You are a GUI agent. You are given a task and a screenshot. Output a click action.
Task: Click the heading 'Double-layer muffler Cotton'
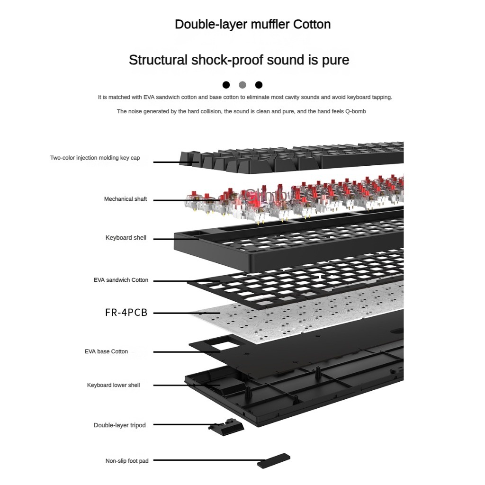click(x=252, y=24)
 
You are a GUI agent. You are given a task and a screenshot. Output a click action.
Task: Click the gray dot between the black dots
click(x=242, y=85)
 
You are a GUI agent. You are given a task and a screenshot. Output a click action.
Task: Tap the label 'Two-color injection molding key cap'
click(x=95, y=158)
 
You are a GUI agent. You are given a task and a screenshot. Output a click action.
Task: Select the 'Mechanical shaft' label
click(x=126, y=199)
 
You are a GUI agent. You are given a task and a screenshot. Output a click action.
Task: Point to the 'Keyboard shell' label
click(x=126, y=238)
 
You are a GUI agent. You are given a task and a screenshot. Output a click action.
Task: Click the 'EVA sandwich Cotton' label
click(x=121, y=280)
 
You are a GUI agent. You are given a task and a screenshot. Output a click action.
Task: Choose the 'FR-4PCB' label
click(x=126, y=313)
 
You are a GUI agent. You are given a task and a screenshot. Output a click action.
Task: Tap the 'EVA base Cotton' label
click(x=106, y=351)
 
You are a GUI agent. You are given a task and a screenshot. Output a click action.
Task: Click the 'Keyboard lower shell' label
click(x=114, y=385)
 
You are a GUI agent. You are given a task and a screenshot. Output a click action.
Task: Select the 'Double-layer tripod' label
click(x=120, y=425)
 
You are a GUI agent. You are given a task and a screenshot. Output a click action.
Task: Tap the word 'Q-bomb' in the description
click(x=355, y=111)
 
